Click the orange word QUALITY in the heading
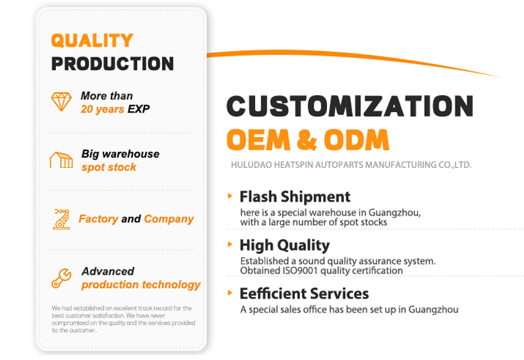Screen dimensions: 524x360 (92, 41)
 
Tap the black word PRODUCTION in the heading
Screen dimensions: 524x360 (112, 64)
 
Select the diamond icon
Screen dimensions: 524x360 (61, 101)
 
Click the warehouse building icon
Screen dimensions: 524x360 (61, 160)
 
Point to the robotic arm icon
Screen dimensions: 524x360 (61, 219)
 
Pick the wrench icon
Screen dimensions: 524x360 (61, 278)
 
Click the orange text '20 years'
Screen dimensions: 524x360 (103, 109)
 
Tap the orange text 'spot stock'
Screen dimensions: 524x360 (109, 167)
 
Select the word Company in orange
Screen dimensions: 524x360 (169, 219)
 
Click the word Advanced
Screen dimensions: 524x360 (108, 271)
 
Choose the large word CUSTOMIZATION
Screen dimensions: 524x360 (350, 106)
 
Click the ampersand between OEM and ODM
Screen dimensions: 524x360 (307, 140)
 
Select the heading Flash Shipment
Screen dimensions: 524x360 (295, 196)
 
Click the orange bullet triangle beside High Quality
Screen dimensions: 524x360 (230, 245)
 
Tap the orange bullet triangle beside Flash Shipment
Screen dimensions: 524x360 (230, 196)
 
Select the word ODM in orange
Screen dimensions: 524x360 (356, 140)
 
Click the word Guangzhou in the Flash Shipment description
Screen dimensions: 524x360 (395, 213)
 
